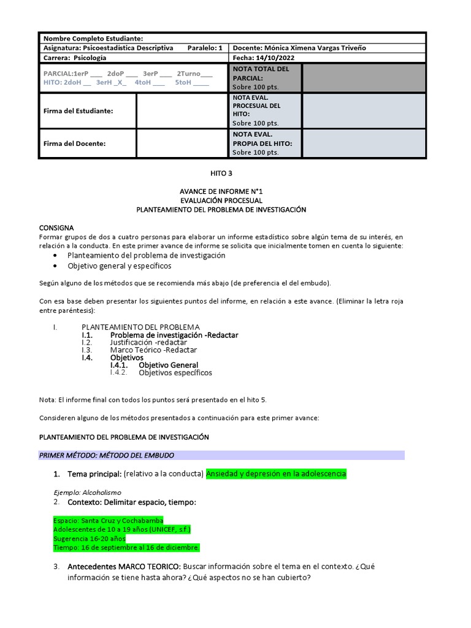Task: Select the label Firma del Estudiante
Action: point(78,111)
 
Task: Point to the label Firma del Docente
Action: point(74,144)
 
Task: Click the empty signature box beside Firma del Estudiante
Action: point(182,111)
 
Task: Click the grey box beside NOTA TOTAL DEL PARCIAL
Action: point(363,78)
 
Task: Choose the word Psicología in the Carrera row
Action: point(90,58)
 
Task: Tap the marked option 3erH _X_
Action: point(111,83)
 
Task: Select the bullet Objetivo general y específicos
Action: point(119,266)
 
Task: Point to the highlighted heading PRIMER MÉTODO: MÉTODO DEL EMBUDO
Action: point(107,455)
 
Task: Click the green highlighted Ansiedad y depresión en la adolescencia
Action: point(276,474)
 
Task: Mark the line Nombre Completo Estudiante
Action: point(94,39)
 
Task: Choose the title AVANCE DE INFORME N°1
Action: point(221,191)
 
